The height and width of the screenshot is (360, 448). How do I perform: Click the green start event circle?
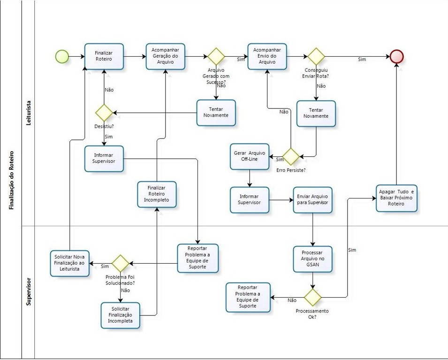62,56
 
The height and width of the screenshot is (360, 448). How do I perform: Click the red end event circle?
397,56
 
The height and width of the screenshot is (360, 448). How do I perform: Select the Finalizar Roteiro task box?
104,56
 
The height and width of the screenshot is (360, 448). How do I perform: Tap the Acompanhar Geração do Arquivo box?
165,57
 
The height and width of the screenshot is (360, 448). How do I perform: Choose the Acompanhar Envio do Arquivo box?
267,56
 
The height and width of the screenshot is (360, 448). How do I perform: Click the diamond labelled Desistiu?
103,113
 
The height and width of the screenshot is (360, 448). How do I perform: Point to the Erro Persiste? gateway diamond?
290,156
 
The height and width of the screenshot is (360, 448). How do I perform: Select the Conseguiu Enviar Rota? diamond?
316,56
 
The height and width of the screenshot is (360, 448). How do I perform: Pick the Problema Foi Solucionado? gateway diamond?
120,263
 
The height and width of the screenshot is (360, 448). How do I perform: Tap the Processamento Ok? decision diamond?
312,297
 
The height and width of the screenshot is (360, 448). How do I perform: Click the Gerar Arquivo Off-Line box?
250,156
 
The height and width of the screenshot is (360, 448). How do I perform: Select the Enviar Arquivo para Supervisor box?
312,200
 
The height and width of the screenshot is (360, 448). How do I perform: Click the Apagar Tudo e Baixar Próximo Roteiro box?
396,198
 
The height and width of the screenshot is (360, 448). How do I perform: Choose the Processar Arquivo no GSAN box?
312,259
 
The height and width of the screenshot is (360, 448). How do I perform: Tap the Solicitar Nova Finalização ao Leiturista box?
70,263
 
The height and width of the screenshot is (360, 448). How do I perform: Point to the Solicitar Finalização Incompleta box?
120,315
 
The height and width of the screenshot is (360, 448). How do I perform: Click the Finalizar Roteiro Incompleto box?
157,194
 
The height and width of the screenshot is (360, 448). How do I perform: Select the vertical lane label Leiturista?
29,115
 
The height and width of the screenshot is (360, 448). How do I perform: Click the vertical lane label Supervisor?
29,291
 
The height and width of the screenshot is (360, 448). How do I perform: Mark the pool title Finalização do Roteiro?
11,180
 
